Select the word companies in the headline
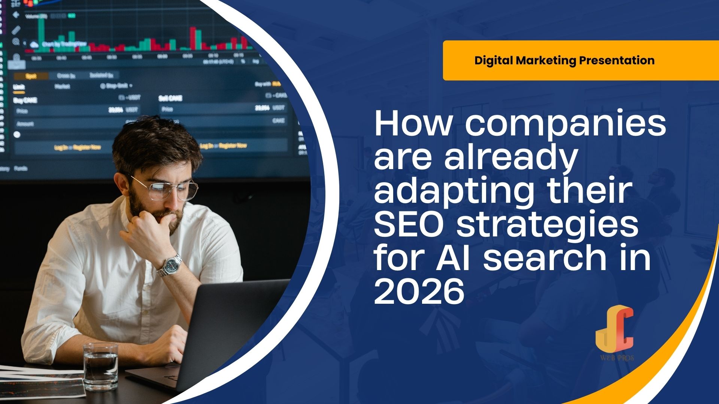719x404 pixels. pos(565,124)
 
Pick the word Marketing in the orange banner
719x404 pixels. pos(545,61)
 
